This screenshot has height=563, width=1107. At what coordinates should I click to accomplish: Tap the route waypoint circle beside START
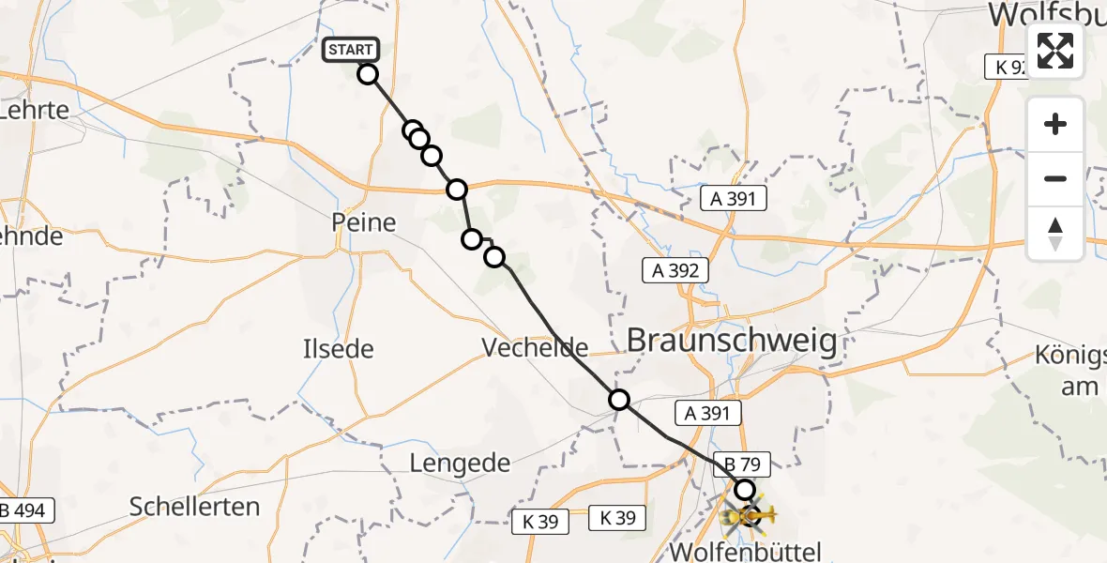(x=368, y=74)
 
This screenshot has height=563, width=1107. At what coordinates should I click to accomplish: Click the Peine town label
(x=363, y=223)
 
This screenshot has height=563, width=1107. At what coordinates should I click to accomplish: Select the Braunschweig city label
(x=732, y=341)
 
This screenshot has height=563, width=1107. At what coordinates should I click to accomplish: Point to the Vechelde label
(x=535, y=348)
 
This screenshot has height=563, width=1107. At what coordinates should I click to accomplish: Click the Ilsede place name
(x=338, y=350)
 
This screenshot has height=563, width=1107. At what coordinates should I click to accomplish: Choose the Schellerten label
(x=195, y=507)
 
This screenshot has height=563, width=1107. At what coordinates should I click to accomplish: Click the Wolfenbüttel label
(x=747, y=550)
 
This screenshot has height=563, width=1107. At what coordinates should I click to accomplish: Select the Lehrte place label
(x=36, y=110)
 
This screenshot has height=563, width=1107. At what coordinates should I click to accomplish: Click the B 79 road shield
(x=742, y=463)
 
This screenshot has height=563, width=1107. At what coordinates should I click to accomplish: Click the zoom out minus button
(x=1055, y=179)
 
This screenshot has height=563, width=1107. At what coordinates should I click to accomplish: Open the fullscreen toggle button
(x=1055, y=51)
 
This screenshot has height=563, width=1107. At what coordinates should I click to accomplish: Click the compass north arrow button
(x=1055, y=234)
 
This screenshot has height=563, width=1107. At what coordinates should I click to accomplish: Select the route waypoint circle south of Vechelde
(x=619, y=400)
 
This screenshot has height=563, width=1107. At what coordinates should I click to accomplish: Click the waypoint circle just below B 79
(x=744, y=489)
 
